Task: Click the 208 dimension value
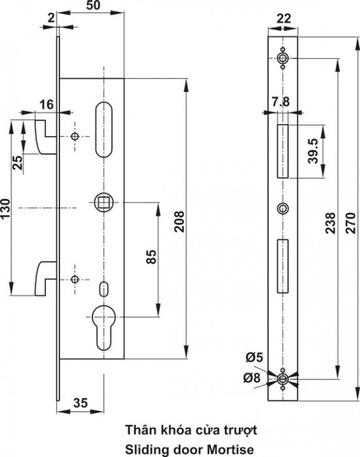[x=179, y=221]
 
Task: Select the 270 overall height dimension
[x=351, y=223]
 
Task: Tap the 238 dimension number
[x=330, y=223]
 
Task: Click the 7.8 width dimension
[x=281, y=102]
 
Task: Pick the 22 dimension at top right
[x=284, y=19]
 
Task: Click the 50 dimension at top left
[x=93, y=5]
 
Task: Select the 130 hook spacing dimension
[x=5, y=209]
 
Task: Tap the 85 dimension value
[x=151, y=257]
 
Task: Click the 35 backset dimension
[x=80, y=403]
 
